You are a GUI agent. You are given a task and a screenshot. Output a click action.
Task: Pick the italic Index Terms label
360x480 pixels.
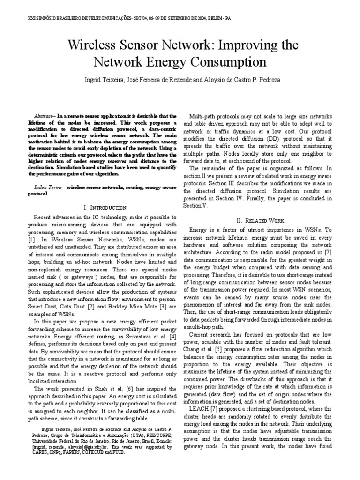point(48,187)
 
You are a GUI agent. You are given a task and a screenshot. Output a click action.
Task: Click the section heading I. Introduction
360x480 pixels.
point(105,207)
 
